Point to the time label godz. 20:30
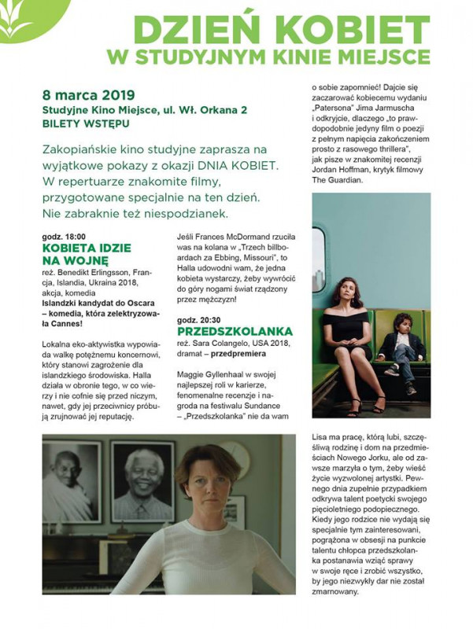pyautogui.click(x=198, y=321)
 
